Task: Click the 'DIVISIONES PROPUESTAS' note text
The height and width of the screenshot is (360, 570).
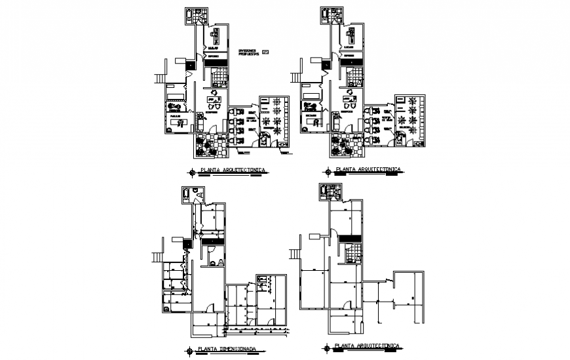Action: [x=248, y=52]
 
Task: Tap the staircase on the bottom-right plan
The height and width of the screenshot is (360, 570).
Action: [x=294, y=252]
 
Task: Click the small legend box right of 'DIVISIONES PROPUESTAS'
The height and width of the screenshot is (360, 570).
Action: [x=265, y=52]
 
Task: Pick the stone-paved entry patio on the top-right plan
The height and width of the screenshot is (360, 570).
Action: [x=345, y=145]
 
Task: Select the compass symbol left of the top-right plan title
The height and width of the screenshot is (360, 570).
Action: [x=327, y=172]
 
